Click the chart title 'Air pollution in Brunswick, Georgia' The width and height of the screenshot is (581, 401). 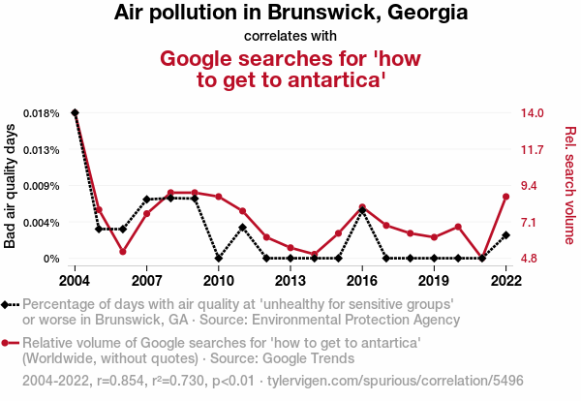(x=290, y=14)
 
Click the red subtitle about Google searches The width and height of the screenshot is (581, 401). (x=290, y=69)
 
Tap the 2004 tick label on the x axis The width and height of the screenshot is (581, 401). (x=75, y=280)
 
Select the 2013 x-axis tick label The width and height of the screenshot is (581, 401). (x=290, y=280)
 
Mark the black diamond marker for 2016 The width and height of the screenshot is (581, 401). (x=362, y=210)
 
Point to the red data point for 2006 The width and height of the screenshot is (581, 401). (x=123, y=252)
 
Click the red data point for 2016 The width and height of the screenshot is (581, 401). (x=362, y=206)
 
